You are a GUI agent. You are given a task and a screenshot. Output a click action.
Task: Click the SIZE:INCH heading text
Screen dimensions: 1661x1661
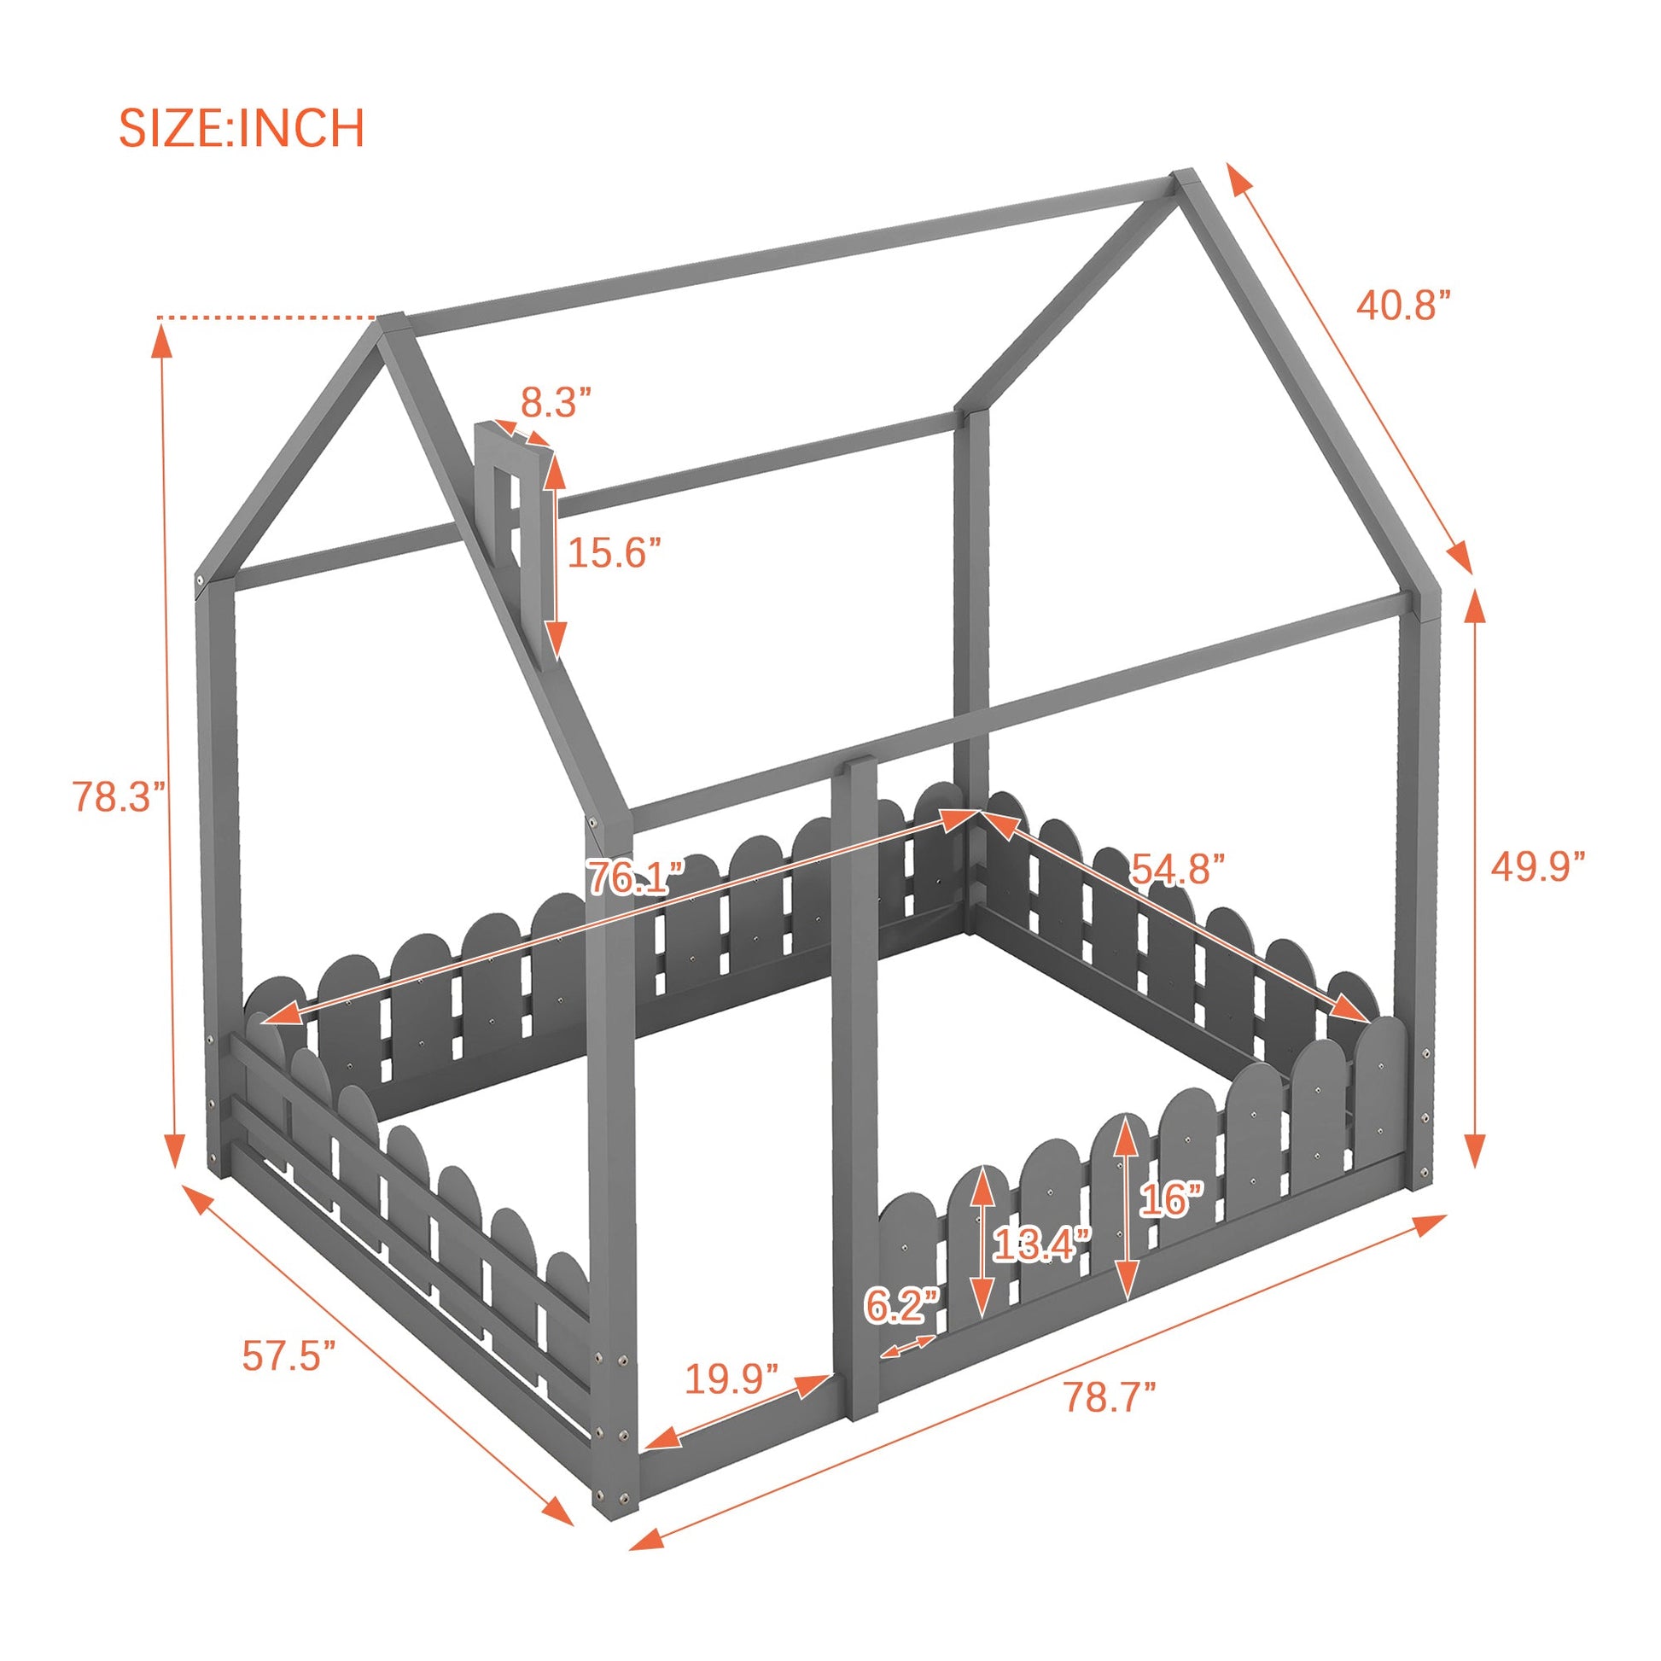click(x=242, y=128)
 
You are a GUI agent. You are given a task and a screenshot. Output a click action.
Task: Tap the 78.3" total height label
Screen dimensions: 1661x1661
click(x=117, y=796)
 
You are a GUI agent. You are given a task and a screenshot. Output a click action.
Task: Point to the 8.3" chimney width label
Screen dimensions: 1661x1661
click(x=557, y=401)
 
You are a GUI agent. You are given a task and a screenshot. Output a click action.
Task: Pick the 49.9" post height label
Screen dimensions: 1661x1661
click(x=1537, y=865)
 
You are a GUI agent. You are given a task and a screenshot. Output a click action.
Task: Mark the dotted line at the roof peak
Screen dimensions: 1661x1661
click(x=267, y=318)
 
